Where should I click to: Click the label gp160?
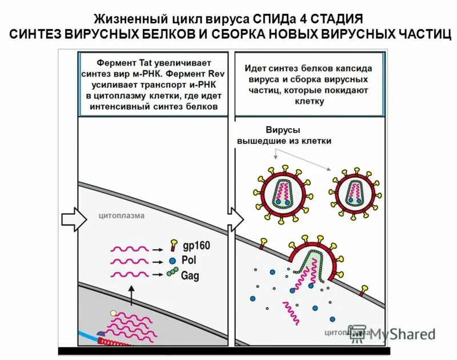click(x=196, y=246)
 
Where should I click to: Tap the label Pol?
click(x=189, y=259)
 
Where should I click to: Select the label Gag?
click(x=191, y=275)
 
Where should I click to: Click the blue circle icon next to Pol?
click(x=173, y=260)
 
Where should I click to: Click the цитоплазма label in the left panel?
click(x=122, y=215)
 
